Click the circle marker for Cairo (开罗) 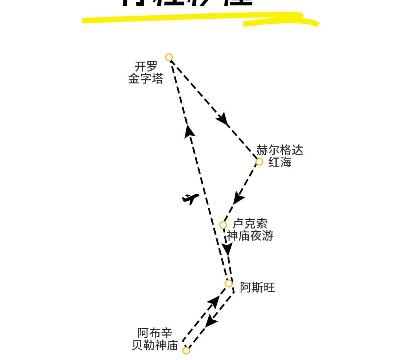click(169, 57)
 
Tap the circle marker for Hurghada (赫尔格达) click(259, 162)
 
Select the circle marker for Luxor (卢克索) click(223, 225)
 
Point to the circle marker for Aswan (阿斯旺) click(229, 283)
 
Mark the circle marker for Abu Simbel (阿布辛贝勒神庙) click(186, 350)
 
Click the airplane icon click(191, 199)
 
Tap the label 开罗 click(146, 66)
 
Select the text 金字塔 click(146, 79)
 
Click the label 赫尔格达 click(280, 150)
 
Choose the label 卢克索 click(250, 224)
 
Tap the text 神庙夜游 click(250, 236)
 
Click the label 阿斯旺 click(257, 288)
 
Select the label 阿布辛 click(155, 333)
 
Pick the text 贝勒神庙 click(155, 346)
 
